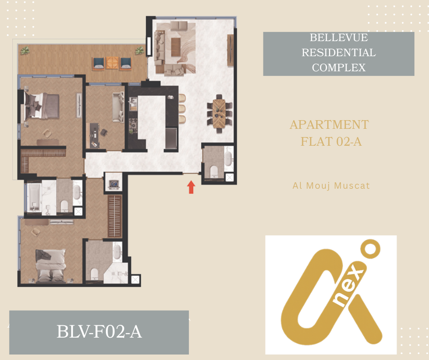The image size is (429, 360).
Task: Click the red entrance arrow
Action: tap(191, 187)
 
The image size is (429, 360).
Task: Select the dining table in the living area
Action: tap(219, 113)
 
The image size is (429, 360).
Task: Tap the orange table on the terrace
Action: tap(112, 63)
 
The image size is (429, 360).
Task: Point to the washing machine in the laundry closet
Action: tap(114, 184)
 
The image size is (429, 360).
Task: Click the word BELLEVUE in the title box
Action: tap(339, 37)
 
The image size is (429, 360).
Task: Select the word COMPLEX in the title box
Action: tap(339, 68)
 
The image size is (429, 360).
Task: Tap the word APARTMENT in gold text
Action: tap(330, 125)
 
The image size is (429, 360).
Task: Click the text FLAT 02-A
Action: tap(331, 142)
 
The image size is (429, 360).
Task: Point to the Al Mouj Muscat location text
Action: tap(331, 186)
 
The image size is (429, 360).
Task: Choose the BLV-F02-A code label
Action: tap(99, 332)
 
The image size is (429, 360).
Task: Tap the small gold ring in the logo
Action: tap(371, 249)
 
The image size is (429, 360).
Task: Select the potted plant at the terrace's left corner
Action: tap(25, 50)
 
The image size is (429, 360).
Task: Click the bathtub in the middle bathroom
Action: tap(34, 197)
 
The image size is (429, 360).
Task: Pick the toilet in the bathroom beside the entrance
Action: tap(214, 171)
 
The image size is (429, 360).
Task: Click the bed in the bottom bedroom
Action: tap(51, 266)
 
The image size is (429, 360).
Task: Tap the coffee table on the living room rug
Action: tap(176, 47)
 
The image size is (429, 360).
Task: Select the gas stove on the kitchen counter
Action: tap(133, 123)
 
